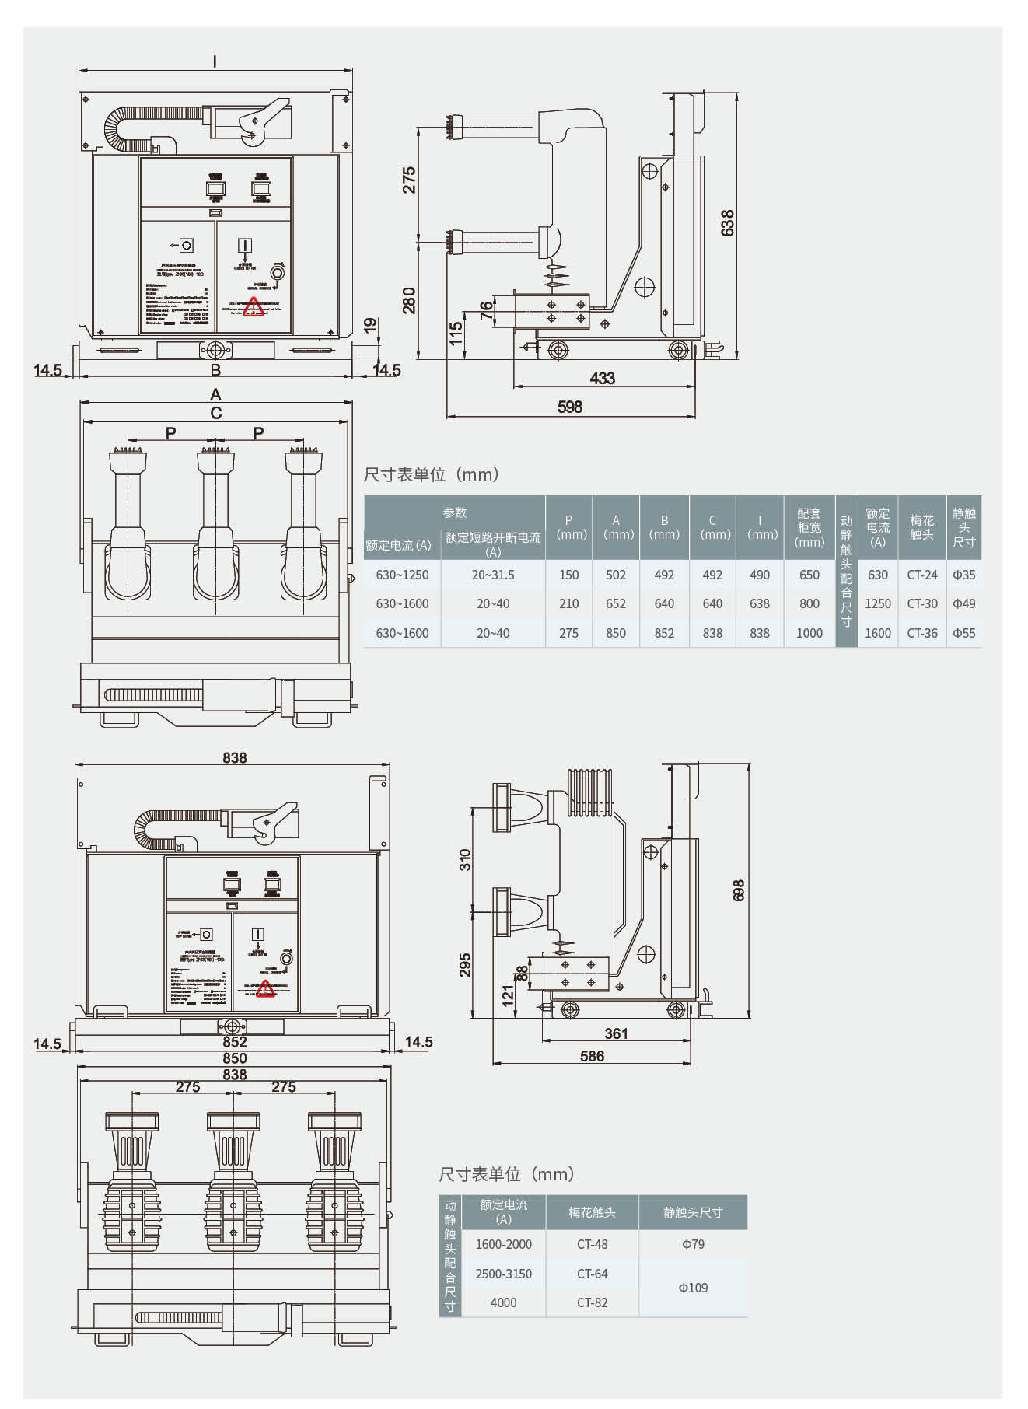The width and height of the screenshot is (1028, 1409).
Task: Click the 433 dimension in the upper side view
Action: (x=602, y=378)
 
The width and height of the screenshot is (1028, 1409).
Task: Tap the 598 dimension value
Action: (x=570, y=407)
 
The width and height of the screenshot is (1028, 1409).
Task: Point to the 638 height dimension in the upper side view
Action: (x=727, y=222)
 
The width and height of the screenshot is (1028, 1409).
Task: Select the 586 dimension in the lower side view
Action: (x=592, y=1056)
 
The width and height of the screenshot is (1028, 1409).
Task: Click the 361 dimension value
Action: (x=616, y=1033)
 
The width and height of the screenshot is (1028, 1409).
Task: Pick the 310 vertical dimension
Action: (x=465, y=859)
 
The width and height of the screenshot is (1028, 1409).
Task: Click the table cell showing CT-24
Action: (x=922, y=575)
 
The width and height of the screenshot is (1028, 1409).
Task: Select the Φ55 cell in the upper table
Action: (x=964, y=633)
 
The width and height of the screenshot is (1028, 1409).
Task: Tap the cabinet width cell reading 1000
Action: (x=809, y=633)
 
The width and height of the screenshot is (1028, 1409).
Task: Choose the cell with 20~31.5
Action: (x=493, y=575)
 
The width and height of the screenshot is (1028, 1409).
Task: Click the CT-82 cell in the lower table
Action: (x=592, y=1302)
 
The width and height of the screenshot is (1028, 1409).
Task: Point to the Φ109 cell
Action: (x=693, y=1288)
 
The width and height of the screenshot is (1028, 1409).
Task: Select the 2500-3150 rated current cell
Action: (x=503, y=1274)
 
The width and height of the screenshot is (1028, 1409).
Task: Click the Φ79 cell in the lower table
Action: (x=693, y=1244)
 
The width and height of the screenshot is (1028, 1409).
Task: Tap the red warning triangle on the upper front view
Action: (x=254, y=308)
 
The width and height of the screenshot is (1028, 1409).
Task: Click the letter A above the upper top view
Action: (x=215, y=395)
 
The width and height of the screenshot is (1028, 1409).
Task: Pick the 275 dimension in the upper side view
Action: (x=409, y=180)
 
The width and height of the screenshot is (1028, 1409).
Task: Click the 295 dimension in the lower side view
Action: (x=465, y=965)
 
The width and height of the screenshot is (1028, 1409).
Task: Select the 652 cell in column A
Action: (x=615, y=603)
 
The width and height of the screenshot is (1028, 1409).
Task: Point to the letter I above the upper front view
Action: (x=215, y=61)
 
